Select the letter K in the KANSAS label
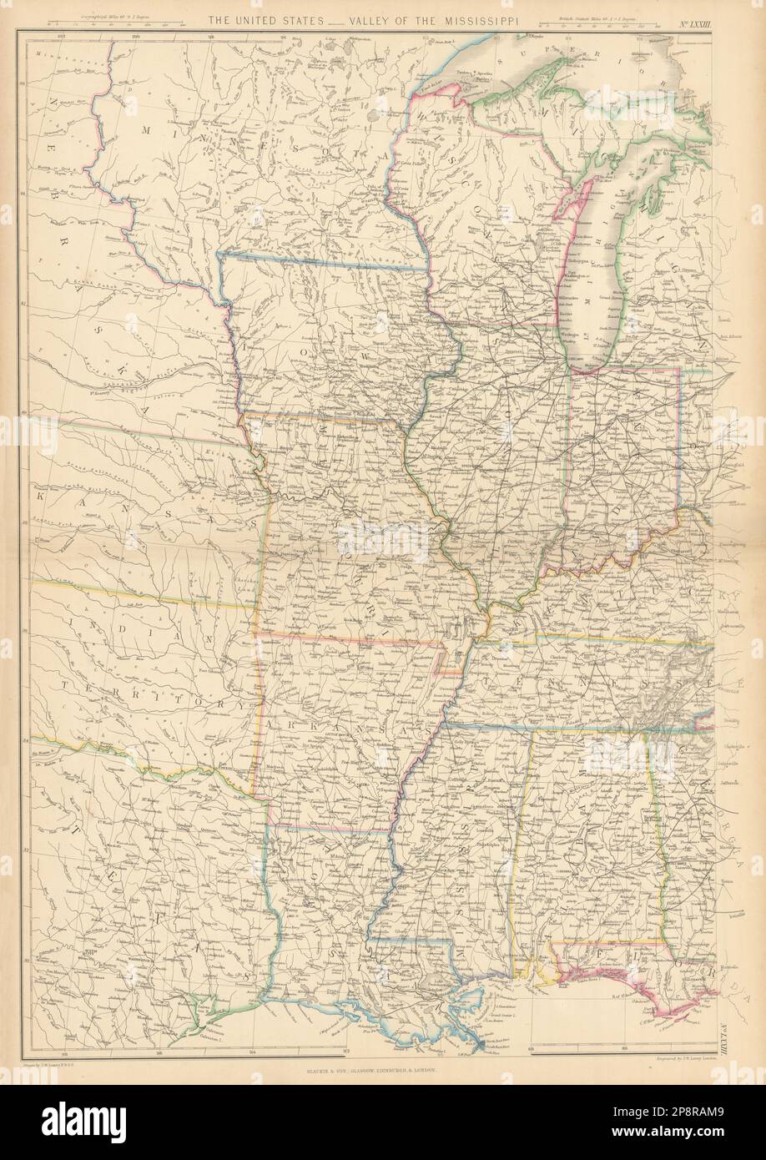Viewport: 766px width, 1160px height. tap(40, 495)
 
